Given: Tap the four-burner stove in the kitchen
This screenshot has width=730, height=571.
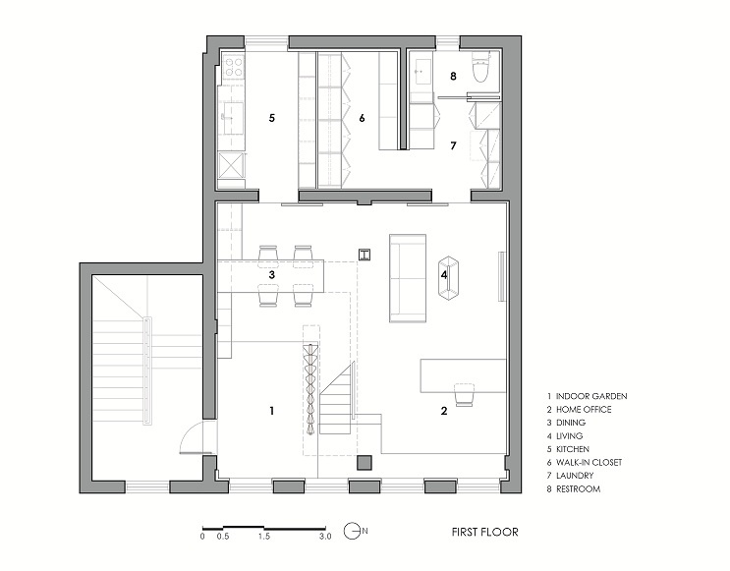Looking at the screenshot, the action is click(x=233, y=66).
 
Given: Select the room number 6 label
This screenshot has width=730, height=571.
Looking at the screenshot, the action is click(x=362, y=118).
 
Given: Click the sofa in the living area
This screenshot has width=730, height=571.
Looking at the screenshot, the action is click(x=408, y=278).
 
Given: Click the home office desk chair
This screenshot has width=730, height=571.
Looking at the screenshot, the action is click(x=464, y=395).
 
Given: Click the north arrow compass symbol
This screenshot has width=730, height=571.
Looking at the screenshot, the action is click(x=353, y=531).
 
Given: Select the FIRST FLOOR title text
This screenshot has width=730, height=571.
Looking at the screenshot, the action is click(x=484, y=532).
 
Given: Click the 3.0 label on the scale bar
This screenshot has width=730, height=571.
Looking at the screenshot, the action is click(x=325, y=536).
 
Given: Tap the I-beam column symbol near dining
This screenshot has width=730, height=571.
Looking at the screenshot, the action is click(x=365, y=255).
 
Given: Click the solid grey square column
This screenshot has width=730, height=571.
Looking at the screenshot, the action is click(x=365, y=463).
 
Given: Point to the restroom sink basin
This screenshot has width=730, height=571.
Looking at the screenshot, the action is click(x=423, y=72).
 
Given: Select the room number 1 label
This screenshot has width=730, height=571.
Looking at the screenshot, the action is click(x=271, y=411).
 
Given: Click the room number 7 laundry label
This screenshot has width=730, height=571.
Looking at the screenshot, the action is click(x=453, y=145).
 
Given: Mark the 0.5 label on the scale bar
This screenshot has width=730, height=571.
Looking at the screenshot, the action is click(x=223, y=536).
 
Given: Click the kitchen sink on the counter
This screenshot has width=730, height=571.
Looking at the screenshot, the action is click(x=233, y=118).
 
